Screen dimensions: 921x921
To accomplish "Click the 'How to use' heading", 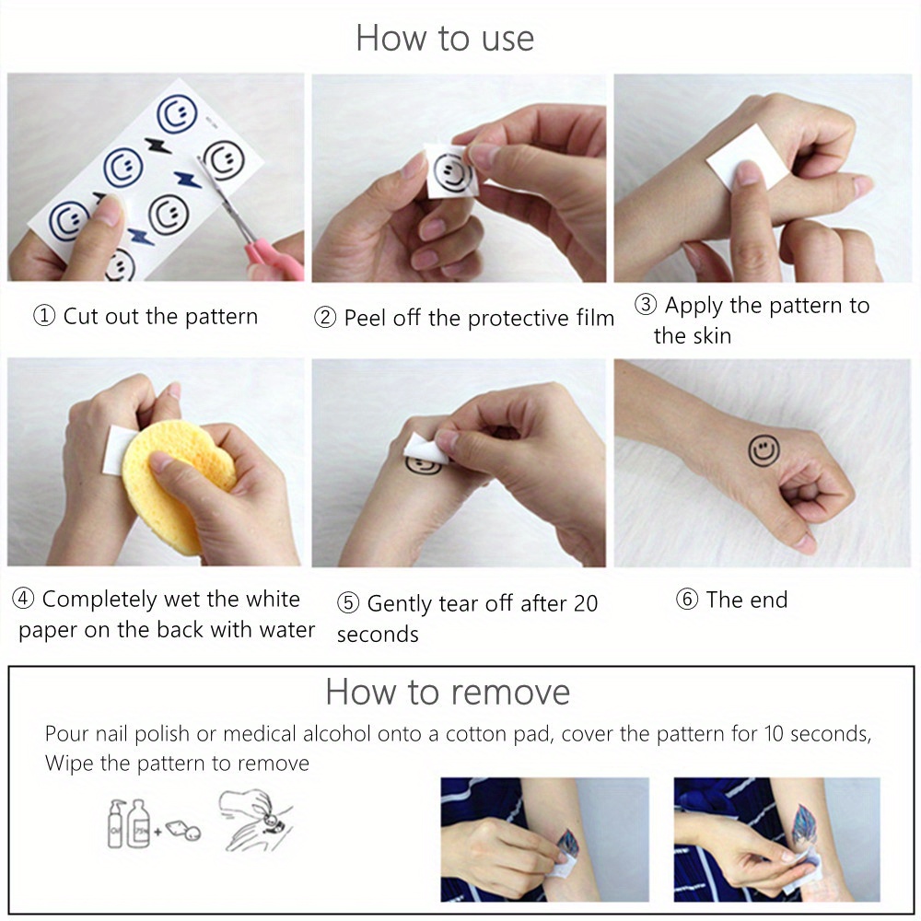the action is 445,38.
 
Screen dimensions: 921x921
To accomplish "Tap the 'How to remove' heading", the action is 448,692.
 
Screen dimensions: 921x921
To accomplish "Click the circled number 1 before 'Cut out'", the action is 44,316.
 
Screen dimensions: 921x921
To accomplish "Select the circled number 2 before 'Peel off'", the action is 325,318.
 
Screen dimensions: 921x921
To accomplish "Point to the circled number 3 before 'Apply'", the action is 646,304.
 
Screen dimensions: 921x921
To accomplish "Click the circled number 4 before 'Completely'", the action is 23,599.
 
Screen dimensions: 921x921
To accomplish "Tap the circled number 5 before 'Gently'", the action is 348,603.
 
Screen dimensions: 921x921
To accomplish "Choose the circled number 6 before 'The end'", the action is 687,600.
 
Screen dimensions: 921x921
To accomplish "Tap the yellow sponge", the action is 176,484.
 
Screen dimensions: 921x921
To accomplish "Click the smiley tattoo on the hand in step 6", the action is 764,451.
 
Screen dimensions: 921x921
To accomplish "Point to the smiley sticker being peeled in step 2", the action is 451,171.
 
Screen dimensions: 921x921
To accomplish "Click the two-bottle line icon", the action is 128,822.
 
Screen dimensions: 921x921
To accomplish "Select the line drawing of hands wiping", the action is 255,820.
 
